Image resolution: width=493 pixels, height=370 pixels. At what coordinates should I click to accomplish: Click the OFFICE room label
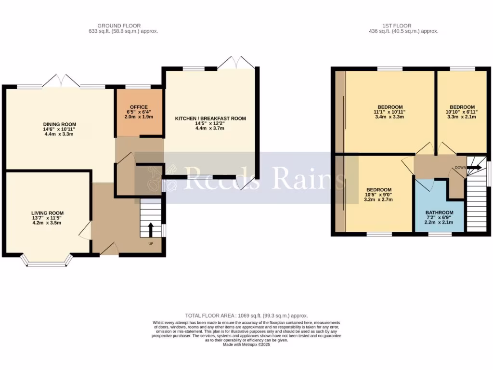pyautogui.click(x=139, y=107)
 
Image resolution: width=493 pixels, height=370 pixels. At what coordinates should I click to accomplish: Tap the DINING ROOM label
pyautogui.click(x=60, y=124)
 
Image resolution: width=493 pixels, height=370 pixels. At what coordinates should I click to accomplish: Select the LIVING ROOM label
pyautogui.click(x=48, y=213)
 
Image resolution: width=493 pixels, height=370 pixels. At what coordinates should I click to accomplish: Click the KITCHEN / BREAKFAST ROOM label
pyautogui.click(x=210, y=119)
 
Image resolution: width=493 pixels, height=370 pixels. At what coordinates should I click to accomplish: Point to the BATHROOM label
pyautogui.click(x=439, y=212)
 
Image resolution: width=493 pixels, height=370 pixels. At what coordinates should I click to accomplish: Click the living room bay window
pyautogui.click(x=47, y=261)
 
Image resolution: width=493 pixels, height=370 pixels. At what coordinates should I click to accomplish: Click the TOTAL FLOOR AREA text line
pyautogui.click(x=247, y=316)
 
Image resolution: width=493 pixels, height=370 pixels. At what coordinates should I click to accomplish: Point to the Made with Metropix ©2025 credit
pyautogui.click(x=246, y=344)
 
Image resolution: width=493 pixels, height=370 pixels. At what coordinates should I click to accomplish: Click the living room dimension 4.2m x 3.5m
pyautogui.click(x=48, y=223)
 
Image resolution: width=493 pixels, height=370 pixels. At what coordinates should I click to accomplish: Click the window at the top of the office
pyautogui.click(x=139, y=87)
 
